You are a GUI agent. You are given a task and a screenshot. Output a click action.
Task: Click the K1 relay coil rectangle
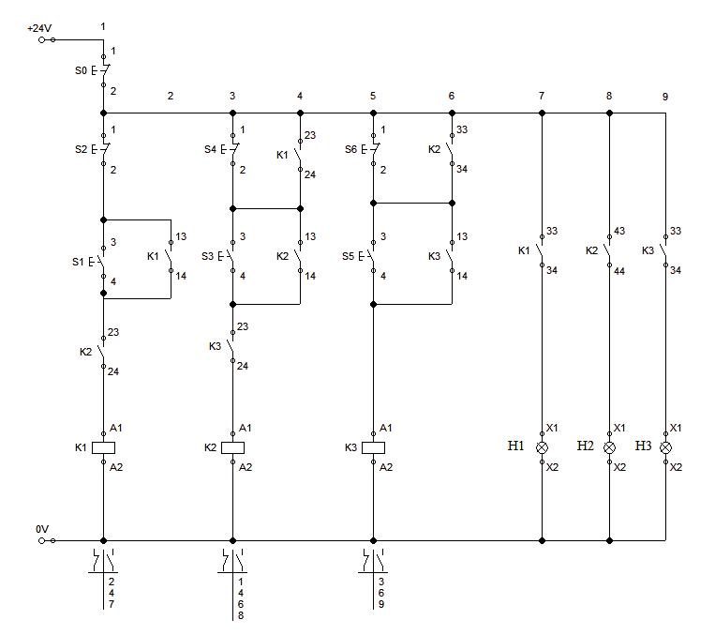[103, 447]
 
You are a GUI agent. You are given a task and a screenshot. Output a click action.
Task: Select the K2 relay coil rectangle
[232, 447]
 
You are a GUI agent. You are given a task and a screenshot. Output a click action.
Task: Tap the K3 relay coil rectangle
[373, 447]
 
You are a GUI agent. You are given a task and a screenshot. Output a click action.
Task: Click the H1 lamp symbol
[542, 447]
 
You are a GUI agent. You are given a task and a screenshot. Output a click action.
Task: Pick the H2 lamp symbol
[609, 447]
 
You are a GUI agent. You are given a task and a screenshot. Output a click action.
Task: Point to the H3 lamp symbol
[665, 447]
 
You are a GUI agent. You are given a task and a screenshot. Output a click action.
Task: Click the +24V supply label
[39, 28]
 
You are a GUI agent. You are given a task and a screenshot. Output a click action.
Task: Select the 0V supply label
[42, 529]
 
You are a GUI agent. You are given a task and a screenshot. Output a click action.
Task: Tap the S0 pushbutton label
[81, 70]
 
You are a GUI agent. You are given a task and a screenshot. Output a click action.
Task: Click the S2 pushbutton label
[81, 149]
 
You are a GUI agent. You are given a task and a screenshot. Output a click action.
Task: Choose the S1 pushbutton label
[78, 262]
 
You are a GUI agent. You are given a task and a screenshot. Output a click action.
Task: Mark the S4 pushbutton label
[210, 149]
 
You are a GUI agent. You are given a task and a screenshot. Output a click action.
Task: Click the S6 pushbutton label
[350, 149]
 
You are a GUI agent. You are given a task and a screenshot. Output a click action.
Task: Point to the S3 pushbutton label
[207, 256]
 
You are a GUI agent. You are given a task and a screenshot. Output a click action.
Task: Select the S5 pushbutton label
[348, 256]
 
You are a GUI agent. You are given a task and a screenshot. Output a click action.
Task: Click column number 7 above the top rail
[542, 96]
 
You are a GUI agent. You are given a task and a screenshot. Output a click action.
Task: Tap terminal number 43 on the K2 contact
[619, 231]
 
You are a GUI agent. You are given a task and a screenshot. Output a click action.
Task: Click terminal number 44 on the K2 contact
[619, 271]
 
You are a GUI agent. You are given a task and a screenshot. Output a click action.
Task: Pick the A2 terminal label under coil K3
[386, 467]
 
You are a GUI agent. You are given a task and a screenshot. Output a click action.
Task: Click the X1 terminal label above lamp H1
[552, 428]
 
